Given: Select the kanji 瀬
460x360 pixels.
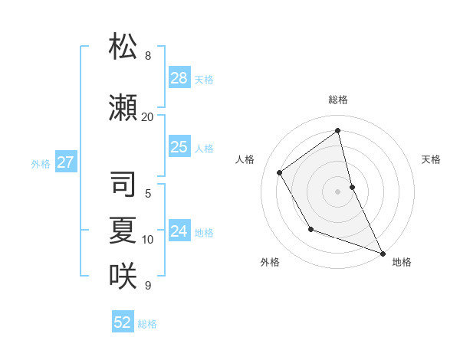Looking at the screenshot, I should tap(123, 108).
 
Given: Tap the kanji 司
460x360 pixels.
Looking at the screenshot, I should tap(123, 184).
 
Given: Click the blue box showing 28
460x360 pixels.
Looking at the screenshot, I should tap(179, 78).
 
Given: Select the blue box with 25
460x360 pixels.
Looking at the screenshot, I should tap(179, 147).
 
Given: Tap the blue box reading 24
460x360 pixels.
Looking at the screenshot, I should tap(179, 231).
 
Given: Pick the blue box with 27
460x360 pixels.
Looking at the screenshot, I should tap(65, 162).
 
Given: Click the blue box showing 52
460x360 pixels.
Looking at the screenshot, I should tap(123, 322).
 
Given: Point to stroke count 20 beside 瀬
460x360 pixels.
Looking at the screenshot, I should tap(147, 117).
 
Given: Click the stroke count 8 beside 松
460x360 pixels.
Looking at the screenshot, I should tap(148, 56).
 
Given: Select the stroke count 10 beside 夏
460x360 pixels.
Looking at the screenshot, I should tap(148, 240).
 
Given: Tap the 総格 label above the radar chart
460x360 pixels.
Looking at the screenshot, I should tap(338, 100).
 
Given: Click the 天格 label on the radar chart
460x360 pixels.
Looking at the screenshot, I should tap(432, 159).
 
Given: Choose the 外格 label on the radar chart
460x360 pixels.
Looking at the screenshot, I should tap(270, 263).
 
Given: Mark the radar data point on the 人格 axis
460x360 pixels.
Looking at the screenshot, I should tap(280, 172).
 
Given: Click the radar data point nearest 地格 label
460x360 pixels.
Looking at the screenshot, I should tap(383, 253).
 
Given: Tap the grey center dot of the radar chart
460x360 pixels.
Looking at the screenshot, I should tap(338, 191).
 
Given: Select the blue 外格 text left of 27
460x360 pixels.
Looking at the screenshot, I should tap(41, 163).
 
